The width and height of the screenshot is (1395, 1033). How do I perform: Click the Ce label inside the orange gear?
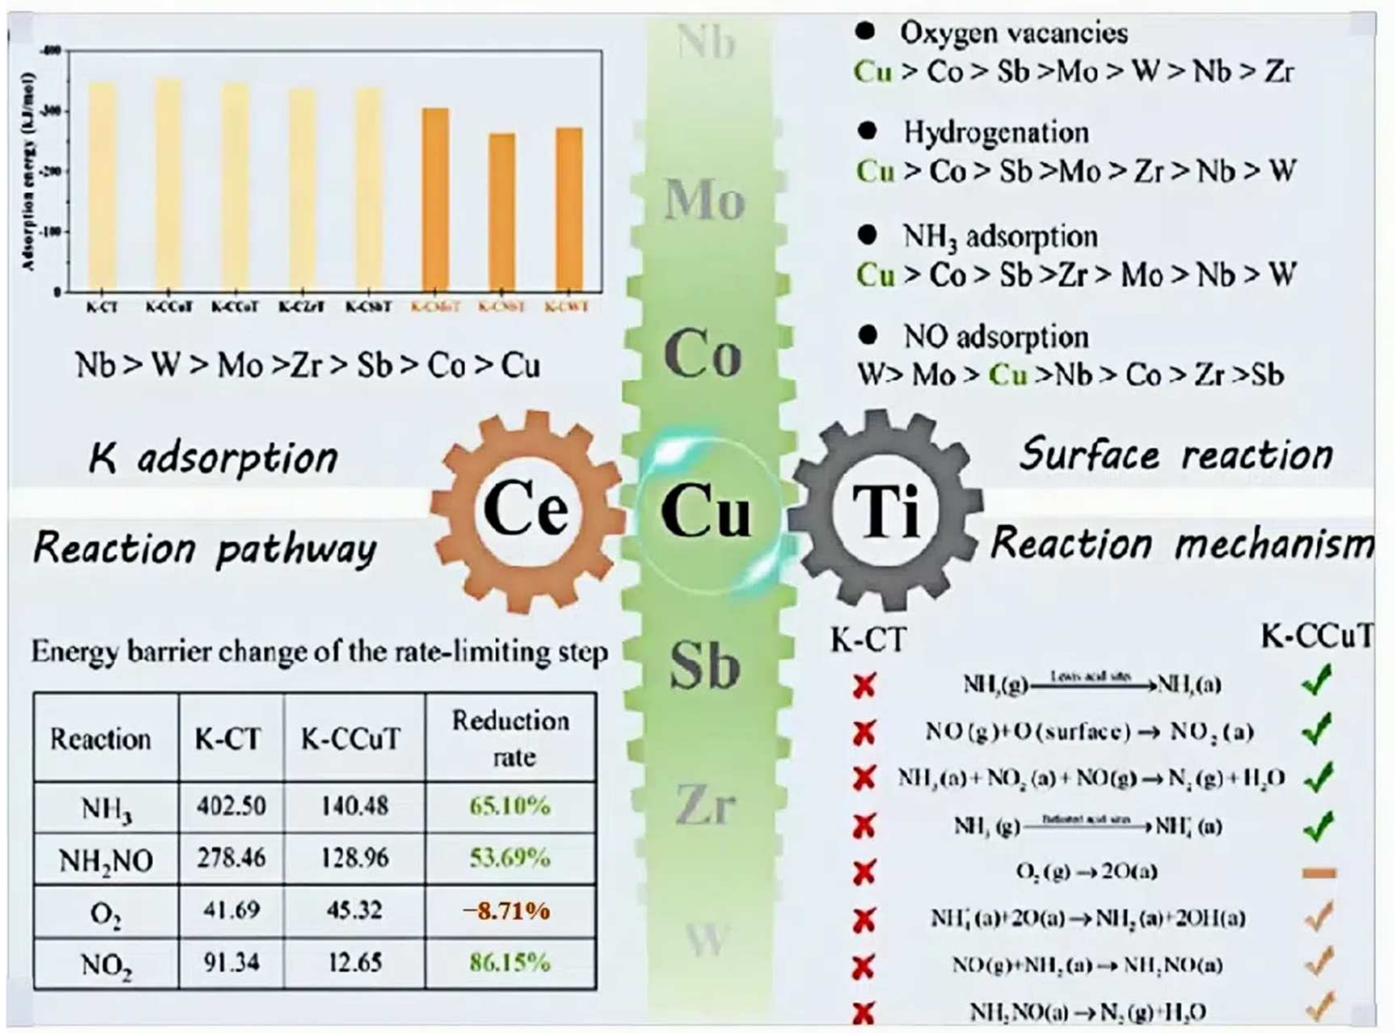point(525,511)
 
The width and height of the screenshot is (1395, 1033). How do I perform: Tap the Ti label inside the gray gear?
point(887,511)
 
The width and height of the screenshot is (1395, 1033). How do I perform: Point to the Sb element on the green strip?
point(705,666)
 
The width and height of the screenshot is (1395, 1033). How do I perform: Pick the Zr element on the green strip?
point(705,807)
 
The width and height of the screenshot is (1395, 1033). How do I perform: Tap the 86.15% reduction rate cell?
point(510,962)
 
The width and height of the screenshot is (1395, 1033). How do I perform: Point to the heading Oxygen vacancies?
point(1013,32)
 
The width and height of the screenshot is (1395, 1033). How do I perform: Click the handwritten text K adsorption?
point(213,458)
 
